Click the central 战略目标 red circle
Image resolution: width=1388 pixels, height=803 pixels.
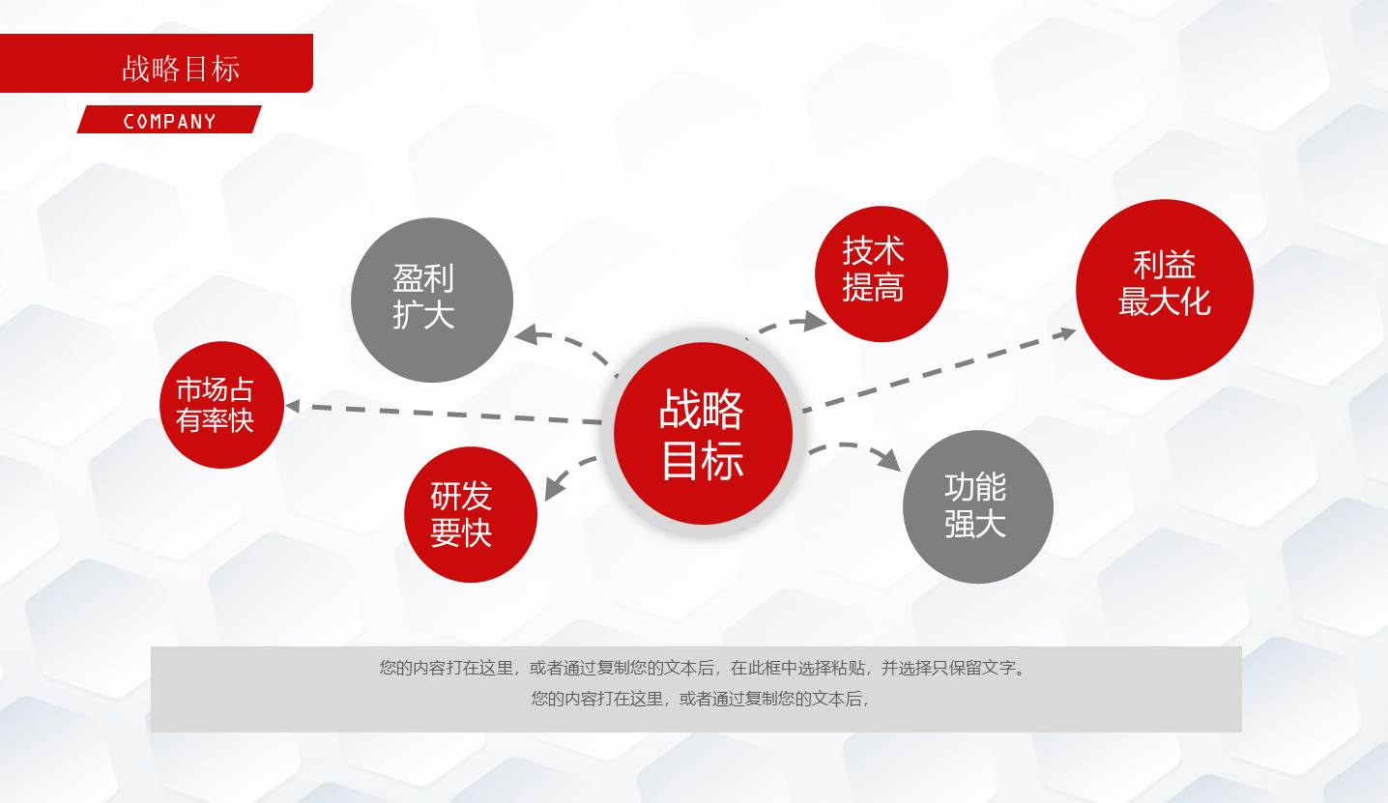tap(703, 434)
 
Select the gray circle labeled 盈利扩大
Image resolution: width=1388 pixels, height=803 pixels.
tap(431, 300)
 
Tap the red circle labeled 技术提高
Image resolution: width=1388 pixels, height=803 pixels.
tap(881, 273)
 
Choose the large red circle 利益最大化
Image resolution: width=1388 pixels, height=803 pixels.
tap(1164, 289)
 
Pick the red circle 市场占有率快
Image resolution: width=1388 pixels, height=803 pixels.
tap(221, 405)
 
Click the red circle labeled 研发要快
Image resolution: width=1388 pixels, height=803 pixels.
tap(470, 514)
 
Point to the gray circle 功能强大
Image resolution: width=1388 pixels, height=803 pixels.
tap(977, 506)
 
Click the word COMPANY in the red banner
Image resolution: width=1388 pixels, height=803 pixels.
tap(169, 121)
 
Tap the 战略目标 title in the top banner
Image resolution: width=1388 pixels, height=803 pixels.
tap(181, 69)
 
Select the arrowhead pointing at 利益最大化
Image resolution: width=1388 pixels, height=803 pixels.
tap(1066, 333)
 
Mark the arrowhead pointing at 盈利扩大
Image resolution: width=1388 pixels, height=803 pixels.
tap(526, 335)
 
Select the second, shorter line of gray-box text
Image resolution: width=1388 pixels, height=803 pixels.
tap(700, 699)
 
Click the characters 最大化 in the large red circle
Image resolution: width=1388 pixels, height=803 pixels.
tap(1164, 301)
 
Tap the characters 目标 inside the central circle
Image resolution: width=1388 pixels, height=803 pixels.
tap(703, 461)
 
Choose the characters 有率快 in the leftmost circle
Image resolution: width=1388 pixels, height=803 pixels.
tap(215, 421)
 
